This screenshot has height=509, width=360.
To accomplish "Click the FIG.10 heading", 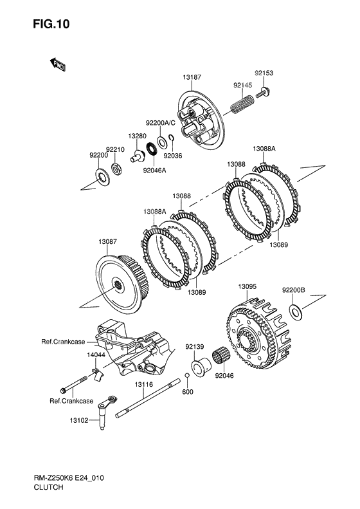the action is coord(51,24).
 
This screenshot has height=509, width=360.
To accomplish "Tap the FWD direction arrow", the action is coord(58,65).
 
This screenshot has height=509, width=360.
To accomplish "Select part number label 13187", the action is coord(192,77).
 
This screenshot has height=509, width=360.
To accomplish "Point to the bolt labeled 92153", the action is coord(263,92).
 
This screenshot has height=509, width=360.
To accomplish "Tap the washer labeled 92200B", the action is coord(295,311).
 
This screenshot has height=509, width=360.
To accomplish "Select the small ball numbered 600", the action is coord(187,376).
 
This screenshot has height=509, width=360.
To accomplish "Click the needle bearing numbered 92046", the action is coord(221,358).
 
